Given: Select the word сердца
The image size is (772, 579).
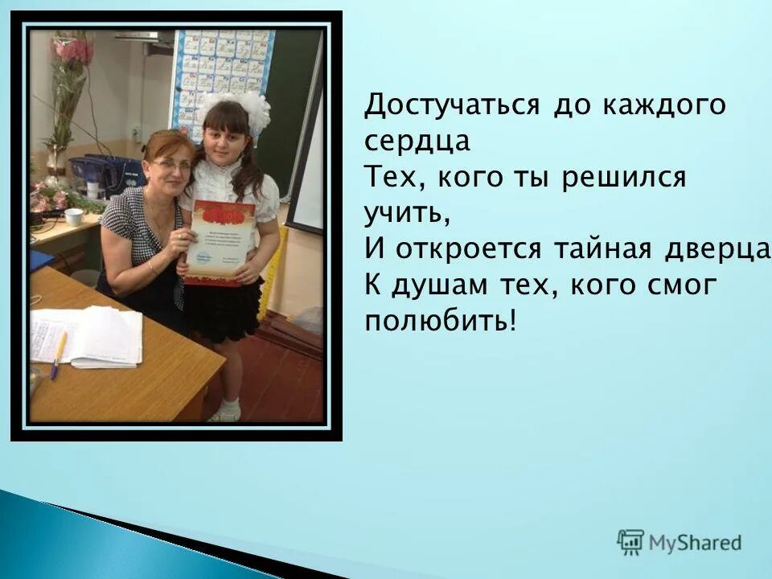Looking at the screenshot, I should [x=417, y=142].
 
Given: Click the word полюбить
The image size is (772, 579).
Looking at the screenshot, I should [x=438, y=322].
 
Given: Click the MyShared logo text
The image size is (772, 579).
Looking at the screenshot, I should [x=695, y=543].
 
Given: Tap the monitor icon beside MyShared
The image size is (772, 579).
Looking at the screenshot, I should [x=630, y=541].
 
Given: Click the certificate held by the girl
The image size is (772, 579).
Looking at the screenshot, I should [x=220, y=242].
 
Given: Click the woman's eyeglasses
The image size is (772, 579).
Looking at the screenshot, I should [x=171, y=165].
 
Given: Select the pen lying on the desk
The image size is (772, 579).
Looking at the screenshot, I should [x=59, y=355].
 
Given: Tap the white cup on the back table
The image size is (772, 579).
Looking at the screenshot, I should [x=74, y=216].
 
